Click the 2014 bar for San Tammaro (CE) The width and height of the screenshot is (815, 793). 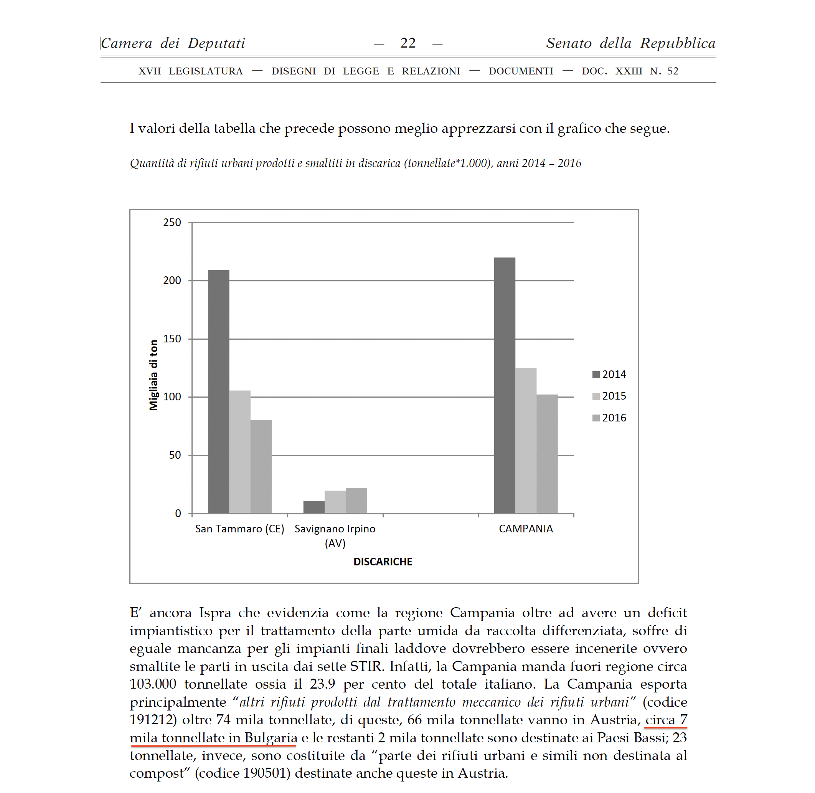[x=218, y=392]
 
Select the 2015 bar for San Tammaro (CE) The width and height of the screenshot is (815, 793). [x=239, y=451]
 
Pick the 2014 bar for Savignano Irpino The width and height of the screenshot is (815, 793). [x=313, y=507]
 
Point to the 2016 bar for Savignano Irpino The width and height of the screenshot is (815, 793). [x=356, y=500]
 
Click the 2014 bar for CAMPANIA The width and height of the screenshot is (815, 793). [x=504, y=385]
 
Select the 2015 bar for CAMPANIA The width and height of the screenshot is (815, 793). [x=526, y=440]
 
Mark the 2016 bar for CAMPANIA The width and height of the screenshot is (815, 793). [x=547, y=454]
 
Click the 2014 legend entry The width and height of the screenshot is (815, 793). [x=609, y=374]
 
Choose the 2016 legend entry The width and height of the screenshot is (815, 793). [x=609, y=418]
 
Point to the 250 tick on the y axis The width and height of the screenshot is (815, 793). [x=172, y=222]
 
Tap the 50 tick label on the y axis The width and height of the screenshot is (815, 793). [x=175, y=455]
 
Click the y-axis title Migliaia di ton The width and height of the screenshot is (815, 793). [x=153, y=375]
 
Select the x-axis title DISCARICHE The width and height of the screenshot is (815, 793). [x=382, y=562]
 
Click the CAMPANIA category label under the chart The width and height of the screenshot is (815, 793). [x=526, y=529]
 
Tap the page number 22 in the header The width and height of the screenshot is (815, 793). [x=408, y=43]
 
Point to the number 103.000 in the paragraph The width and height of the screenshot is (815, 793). [x=152, y=684]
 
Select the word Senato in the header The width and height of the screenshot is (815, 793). [x=568, y=43]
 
